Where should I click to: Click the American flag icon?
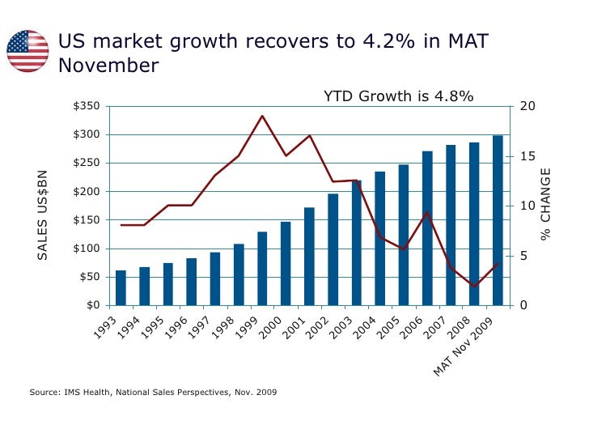(x=28, y=50)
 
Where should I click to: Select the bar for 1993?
(x=121, y=288)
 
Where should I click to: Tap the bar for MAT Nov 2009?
(x=498, y=220)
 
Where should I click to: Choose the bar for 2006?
(x=427, y=228)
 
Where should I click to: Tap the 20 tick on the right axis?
(x=527, y=107)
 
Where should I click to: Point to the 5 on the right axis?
(x=523, y=256)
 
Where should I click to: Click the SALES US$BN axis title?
(x=44, y=215)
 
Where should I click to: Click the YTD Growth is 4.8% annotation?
(x=398, y=97)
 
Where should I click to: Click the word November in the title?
(x=108, y=66)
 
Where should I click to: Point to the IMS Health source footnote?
(x=153, y=393)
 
